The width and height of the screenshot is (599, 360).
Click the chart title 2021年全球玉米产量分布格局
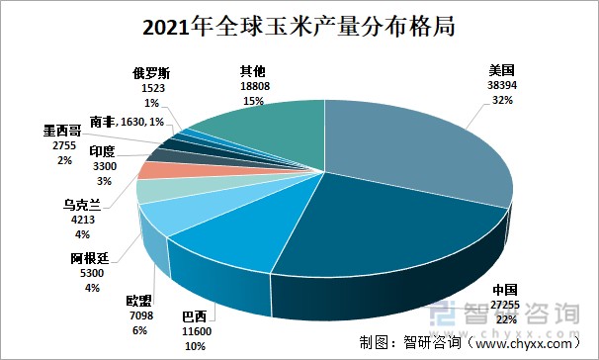click(299, 25)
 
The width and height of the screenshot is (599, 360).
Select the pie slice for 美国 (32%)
click(415, 148)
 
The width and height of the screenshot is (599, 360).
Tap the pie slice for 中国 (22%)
click(376, 237)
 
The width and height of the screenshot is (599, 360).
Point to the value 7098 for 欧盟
click(139, 315)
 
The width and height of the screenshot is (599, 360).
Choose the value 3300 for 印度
click(103, 166)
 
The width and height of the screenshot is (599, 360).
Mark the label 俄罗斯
click(152, 73)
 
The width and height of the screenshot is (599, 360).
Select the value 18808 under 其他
click(252, 86)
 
